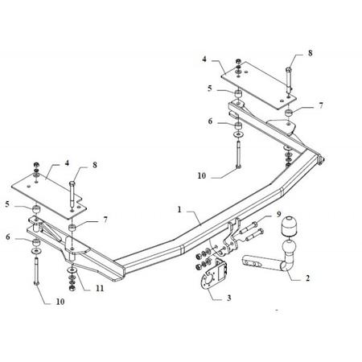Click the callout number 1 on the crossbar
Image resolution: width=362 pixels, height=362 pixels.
(x=179, y=209)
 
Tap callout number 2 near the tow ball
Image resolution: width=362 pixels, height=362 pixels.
(x=307, y=278)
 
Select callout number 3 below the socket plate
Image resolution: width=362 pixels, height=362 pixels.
(x=228, y=298)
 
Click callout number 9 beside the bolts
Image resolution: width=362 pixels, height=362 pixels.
(x=279, y=214)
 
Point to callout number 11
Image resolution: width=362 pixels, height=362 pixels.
(x=100, y=288)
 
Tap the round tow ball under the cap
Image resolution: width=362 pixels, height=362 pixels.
(x=289, y=246)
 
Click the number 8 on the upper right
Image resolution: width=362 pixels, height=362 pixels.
(x=311, y=53)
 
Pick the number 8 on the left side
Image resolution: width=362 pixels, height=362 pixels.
(x=95, y=165)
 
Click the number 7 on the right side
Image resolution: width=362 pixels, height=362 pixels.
(x=321, y=105)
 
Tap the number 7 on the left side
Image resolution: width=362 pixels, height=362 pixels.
(x=105, y=220)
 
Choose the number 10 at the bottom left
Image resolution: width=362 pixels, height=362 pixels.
(x=60, y=302)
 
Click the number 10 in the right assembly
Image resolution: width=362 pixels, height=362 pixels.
(x=202, y=176)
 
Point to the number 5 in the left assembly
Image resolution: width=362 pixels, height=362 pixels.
(x=7, y=204)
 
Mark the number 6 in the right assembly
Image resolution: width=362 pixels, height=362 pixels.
(x=210, y=121)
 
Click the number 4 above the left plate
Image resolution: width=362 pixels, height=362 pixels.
(x=67, y=162)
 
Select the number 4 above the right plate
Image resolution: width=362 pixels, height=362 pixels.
(x=204, y=59)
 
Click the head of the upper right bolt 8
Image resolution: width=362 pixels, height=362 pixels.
(x=288, y=70)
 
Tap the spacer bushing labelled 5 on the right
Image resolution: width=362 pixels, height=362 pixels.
(x=237, y=94)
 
